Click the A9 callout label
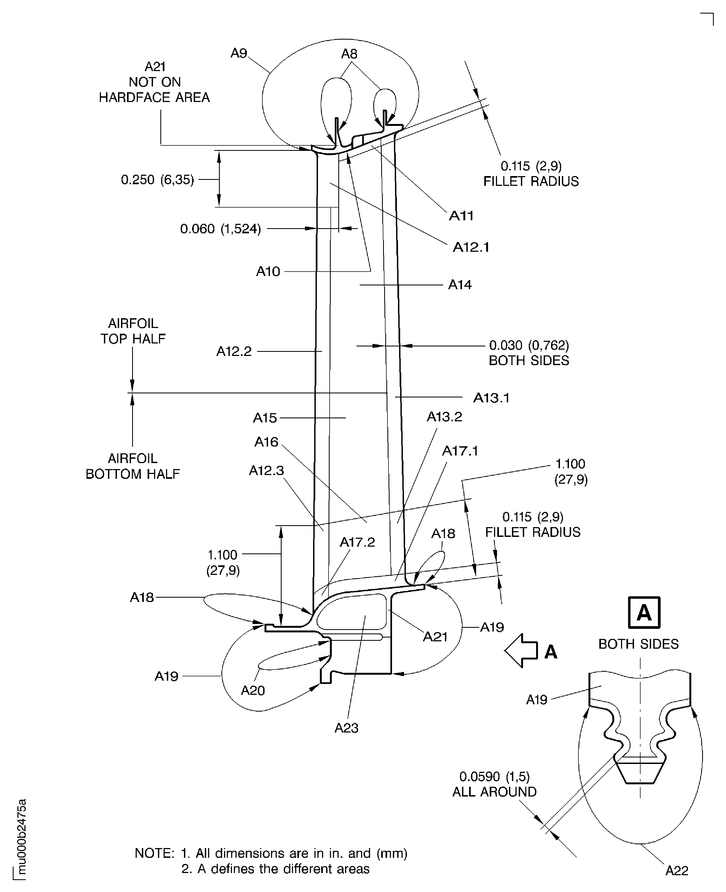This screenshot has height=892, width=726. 239,53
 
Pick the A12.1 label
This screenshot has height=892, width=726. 471,247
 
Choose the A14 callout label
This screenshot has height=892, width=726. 460,285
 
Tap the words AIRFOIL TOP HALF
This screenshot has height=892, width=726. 133,331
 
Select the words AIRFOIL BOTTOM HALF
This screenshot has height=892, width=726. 133,466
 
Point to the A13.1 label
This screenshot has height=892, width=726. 491,398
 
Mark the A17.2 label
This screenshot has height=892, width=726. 357,542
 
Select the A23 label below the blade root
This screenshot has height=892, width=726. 346,728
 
